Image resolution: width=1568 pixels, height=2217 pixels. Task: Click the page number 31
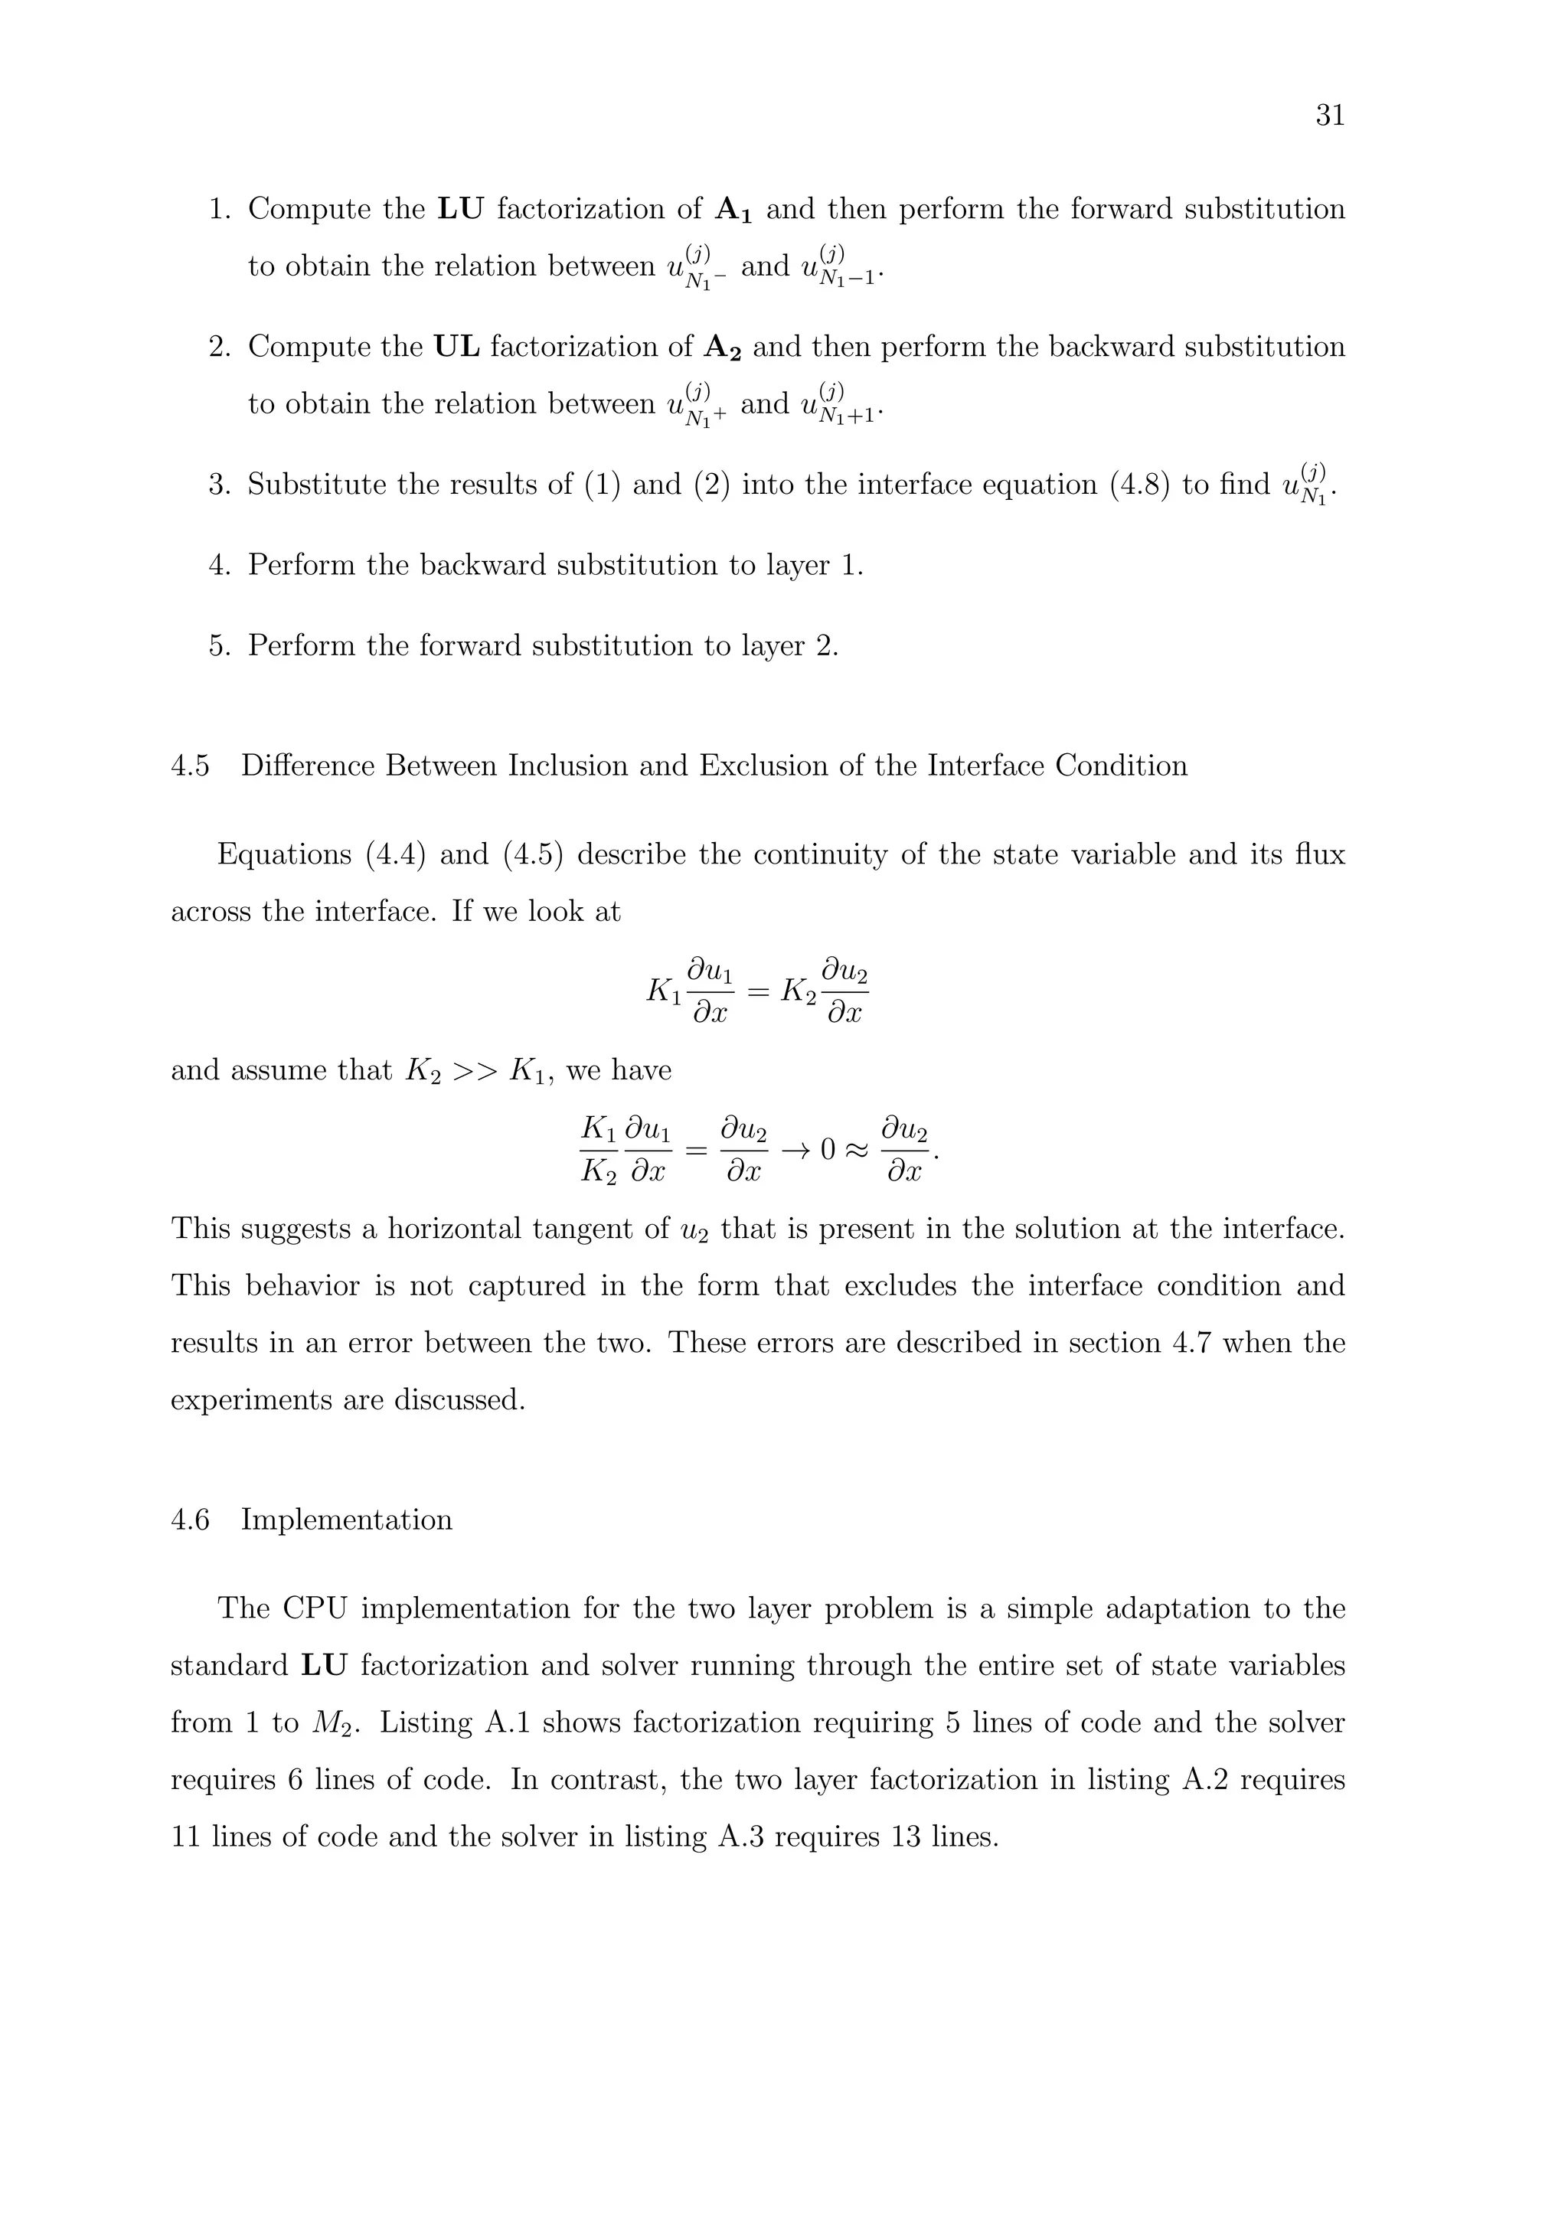(x=1330, y=116)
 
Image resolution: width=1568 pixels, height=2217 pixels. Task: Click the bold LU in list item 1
(x=461, y=210)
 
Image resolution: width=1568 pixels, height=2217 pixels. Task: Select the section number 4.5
(x=189, y=766)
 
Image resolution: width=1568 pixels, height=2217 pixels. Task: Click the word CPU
(x=315, y=1608)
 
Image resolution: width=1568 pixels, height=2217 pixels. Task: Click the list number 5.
(x=219, y=646)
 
